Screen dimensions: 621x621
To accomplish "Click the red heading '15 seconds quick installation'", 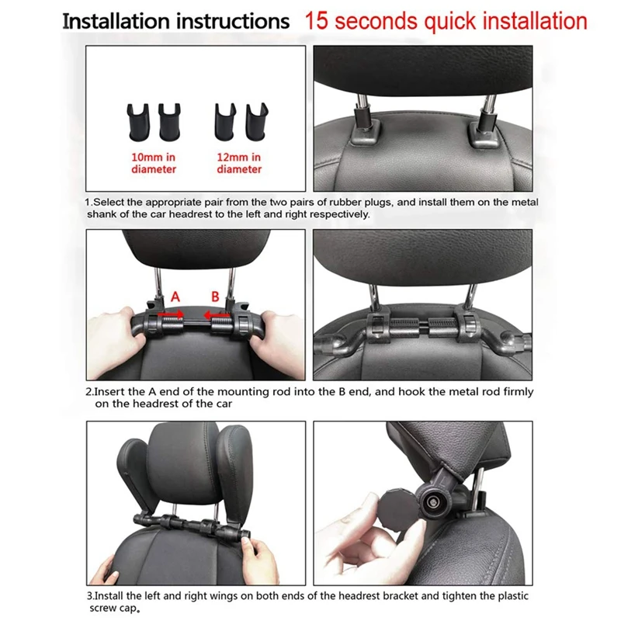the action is click(x=446, y=22).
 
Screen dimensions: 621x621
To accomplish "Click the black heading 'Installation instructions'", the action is click(x=176, y=22).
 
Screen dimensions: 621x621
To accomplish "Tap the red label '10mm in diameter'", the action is click(x=154, y=163).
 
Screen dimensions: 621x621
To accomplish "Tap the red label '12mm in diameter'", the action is click(x=239, y=163).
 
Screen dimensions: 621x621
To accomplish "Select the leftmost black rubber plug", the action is click(x=138, y=122).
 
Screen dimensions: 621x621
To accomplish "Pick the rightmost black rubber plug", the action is click(x=257, y=121).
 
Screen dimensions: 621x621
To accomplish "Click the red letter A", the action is click(x=175, y=297).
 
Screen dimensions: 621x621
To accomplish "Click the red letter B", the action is click(x=215, y=297).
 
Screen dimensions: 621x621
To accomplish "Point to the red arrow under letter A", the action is click(x=171, y=315).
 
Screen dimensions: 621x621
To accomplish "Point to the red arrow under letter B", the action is click(x=217, y=316).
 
